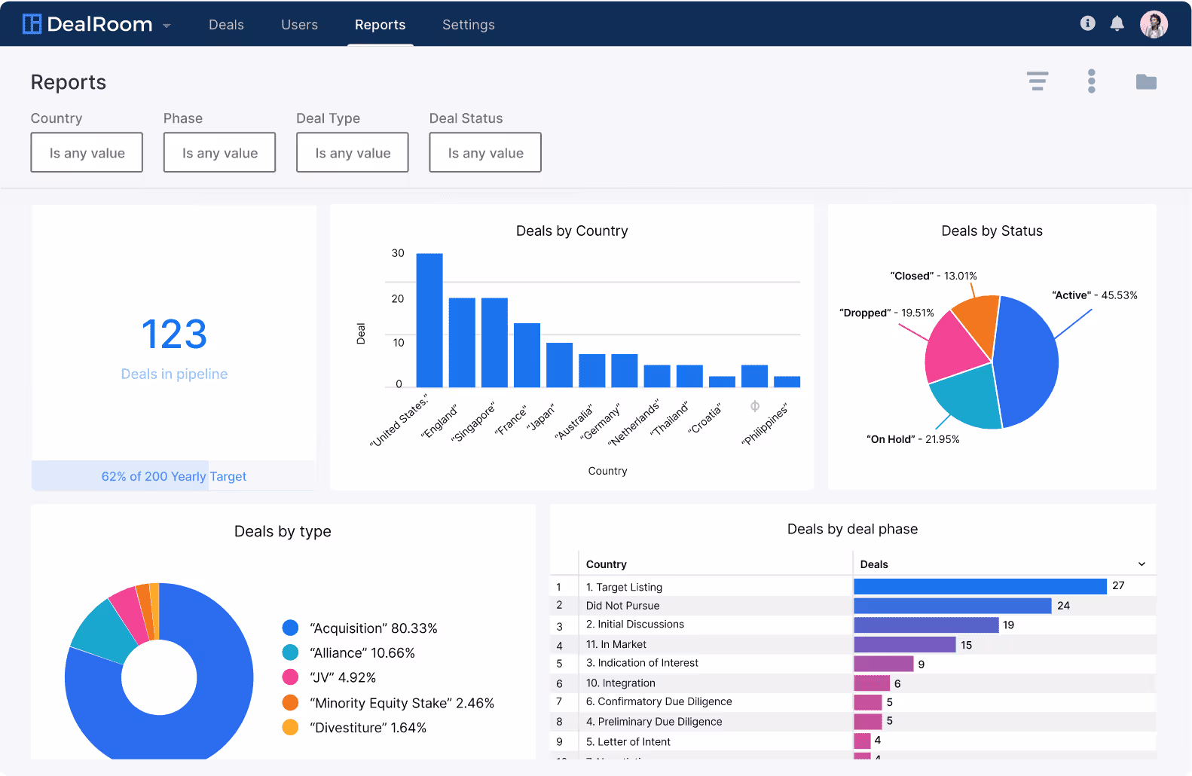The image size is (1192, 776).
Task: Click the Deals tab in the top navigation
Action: coord(226,25)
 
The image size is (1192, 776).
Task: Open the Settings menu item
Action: coord(468,25)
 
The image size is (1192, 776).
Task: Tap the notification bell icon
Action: coord(1117,23)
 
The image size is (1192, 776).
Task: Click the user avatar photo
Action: coord(1153,24)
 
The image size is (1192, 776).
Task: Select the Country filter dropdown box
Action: coord(87,153)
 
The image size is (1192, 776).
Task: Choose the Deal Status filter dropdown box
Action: coord(485,153)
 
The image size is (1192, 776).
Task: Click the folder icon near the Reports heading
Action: coord(1146,81)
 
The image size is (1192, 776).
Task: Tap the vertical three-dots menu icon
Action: coord(1091,81)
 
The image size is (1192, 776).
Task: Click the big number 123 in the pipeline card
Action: coord(174,335)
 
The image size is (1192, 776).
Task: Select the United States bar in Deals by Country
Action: coord(429,320)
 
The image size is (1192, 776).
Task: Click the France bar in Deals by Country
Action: coord(527,355)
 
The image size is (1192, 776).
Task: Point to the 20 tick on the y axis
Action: coord(398,299)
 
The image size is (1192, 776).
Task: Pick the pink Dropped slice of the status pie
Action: coord(952,348)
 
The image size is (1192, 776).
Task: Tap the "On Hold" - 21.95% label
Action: coord(912,439)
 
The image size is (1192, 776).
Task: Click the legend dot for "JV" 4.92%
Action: coord(290,677)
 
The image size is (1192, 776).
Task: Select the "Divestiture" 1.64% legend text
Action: coord(368,728)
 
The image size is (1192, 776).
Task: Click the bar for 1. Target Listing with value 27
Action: coord(980,586)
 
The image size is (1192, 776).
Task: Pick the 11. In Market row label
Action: coord(616,644)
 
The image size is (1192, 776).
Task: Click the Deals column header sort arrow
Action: coord(1142,564)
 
